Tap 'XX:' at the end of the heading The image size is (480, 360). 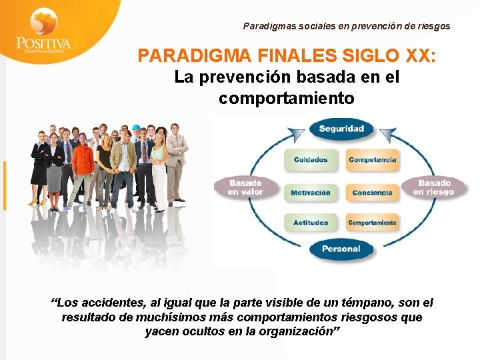419,55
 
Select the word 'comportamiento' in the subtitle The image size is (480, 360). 287,99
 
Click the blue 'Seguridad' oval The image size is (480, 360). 341,129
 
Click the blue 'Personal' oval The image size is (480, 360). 341,249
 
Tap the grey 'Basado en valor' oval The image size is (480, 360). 245,187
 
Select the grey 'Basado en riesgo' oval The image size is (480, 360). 434,187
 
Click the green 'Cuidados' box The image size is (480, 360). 311,160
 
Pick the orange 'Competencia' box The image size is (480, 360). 372,160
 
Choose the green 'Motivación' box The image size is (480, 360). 311,193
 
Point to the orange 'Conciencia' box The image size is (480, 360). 372,193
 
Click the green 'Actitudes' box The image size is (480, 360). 311,223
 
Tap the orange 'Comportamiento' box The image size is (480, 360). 372,223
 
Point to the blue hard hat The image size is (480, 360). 136,127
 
